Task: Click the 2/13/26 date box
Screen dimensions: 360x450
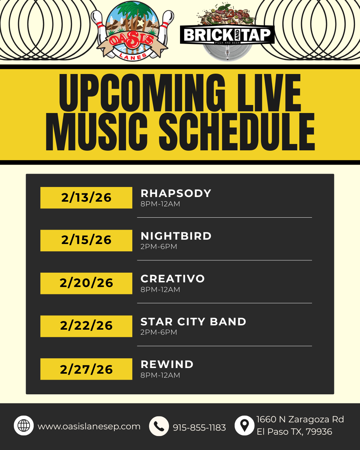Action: coord(86,198)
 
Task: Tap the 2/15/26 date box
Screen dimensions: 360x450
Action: coord(86,240)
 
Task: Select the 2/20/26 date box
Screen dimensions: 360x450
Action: coord(86,283)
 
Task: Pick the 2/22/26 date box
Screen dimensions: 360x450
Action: coord(86,326)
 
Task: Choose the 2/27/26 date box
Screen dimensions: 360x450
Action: coord(86,369)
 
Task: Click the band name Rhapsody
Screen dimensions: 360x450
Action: coord(176,193)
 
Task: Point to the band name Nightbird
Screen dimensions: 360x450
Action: coord(176,236)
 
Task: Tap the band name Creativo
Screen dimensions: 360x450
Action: coord(173,279)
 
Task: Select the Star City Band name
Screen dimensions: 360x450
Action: coord(193,322)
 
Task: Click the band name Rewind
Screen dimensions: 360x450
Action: coord(167,364)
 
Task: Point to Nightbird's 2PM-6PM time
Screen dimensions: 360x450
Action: coord(159,247)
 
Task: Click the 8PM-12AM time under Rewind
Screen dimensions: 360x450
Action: coord(160,375)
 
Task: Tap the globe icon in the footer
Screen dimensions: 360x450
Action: coord(24,426)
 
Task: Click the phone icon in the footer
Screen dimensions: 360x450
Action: coord(159,426)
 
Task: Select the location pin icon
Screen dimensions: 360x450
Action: coord(244,426)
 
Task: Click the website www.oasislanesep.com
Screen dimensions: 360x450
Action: coord(89,427)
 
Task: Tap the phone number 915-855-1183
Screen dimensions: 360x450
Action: coord(199,428)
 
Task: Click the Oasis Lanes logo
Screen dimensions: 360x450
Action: coord(132,31)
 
